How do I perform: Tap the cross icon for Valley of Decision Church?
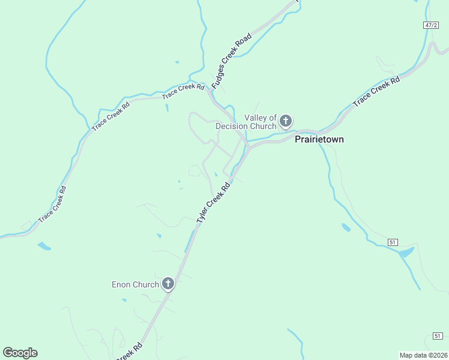coord(286,121)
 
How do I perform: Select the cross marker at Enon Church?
coord(169,284)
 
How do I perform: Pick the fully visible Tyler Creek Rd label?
coord(213,204)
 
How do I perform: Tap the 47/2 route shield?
coord(430,25)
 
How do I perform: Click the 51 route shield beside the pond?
coord(393,242)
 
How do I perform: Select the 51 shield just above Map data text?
coord(438,335)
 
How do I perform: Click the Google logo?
coord(20,353)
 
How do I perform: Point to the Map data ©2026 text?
coord(424,355)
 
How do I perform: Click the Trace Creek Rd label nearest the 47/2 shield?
coord(376,92)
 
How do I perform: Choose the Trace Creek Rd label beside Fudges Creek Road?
coord(183,91)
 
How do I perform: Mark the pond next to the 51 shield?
coord(406,252)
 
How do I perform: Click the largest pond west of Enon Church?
coord(44,246)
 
